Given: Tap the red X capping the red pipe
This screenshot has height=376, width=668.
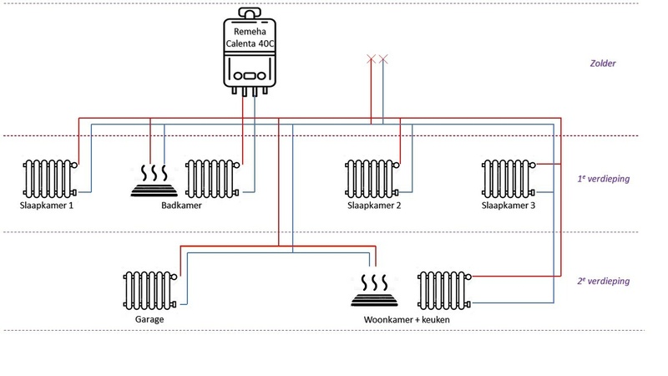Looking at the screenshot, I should click(x=371, y=59).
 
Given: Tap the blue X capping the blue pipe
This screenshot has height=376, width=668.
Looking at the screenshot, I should click(x=383, y=59).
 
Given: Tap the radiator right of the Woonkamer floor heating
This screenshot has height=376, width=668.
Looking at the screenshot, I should click(x=445, y=289).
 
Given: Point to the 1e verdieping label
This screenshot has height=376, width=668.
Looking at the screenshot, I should click(x=604, y=178).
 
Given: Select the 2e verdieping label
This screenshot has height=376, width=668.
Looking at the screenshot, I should click(x=604, y=282).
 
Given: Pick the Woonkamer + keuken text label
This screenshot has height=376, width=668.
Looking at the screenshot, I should click(x=401, y=319).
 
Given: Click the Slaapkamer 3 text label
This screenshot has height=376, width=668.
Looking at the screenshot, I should click(x=509, y=206).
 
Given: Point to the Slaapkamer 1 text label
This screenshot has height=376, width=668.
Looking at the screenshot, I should click(x=46, y=206).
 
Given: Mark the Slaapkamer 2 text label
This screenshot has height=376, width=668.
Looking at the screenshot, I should click(x=374, y=206).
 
